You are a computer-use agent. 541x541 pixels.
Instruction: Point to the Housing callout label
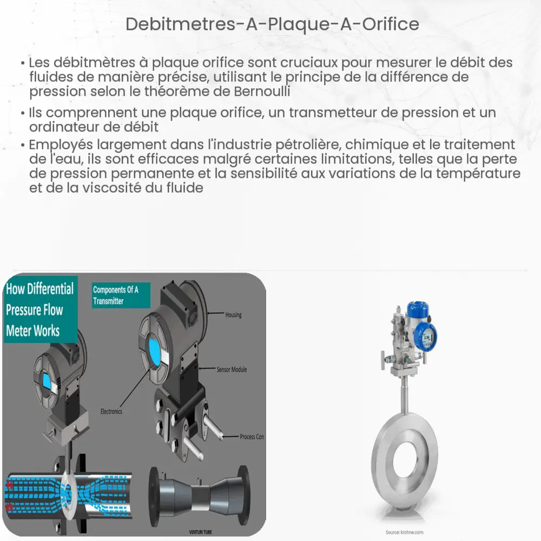[233, 315]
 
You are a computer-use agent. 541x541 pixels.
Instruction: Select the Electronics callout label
[111, 412]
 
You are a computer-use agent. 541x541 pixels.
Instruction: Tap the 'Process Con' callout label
[252, 437]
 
